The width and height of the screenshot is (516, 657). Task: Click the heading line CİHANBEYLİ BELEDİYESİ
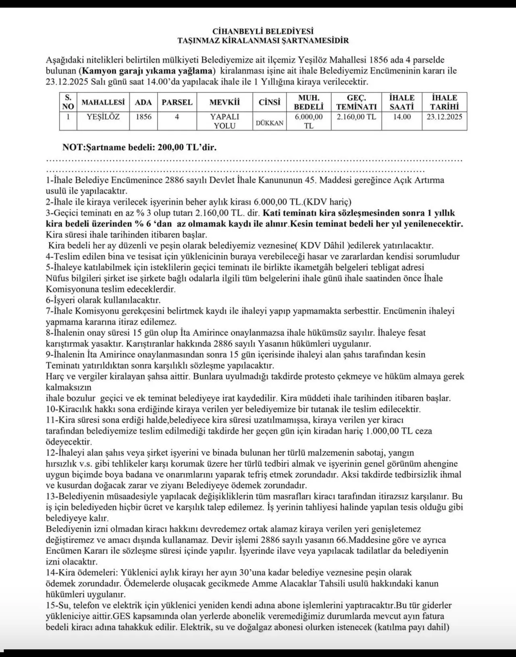(263, 31)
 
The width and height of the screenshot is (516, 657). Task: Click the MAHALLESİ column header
(103, 102)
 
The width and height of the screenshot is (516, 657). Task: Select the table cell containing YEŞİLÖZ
(103, 117)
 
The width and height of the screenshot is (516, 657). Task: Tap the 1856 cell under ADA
(143, 117)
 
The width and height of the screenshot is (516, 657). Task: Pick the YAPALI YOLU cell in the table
(225, 121)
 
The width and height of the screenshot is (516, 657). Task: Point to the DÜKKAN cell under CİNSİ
(269, 123)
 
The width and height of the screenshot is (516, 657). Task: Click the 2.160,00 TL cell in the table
(356, 117)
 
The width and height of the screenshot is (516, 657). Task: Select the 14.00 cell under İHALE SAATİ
(402, 117)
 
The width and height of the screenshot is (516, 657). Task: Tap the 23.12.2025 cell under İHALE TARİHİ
(444, 117)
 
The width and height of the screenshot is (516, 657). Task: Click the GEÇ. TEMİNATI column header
(356, 102)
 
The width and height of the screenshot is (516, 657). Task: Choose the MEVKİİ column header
(225, 102)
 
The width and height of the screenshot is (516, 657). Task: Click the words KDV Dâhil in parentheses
(321, 246)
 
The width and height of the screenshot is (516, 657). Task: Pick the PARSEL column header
(177, 102)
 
